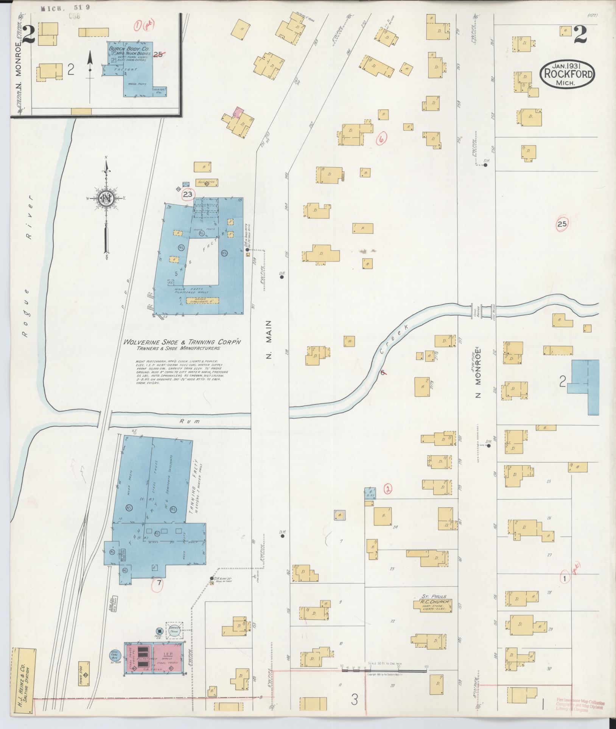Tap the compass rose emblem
coord(106,198)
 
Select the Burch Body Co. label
coord(129,49)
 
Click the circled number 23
coord(188,194)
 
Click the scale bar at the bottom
coord(384,670)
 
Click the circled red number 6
coord(382,139)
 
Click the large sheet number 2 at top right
coord(579,35)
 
